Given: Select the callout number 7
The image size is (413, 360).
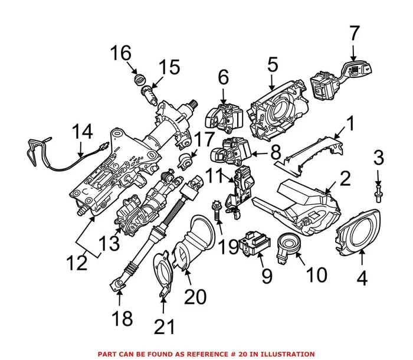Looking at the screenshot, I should [353, 33].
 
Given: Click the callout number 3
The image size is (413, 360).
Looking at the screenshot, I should [378, 158].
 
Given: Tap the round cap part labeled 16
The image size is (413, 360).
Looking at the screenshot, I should [140, 80].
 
